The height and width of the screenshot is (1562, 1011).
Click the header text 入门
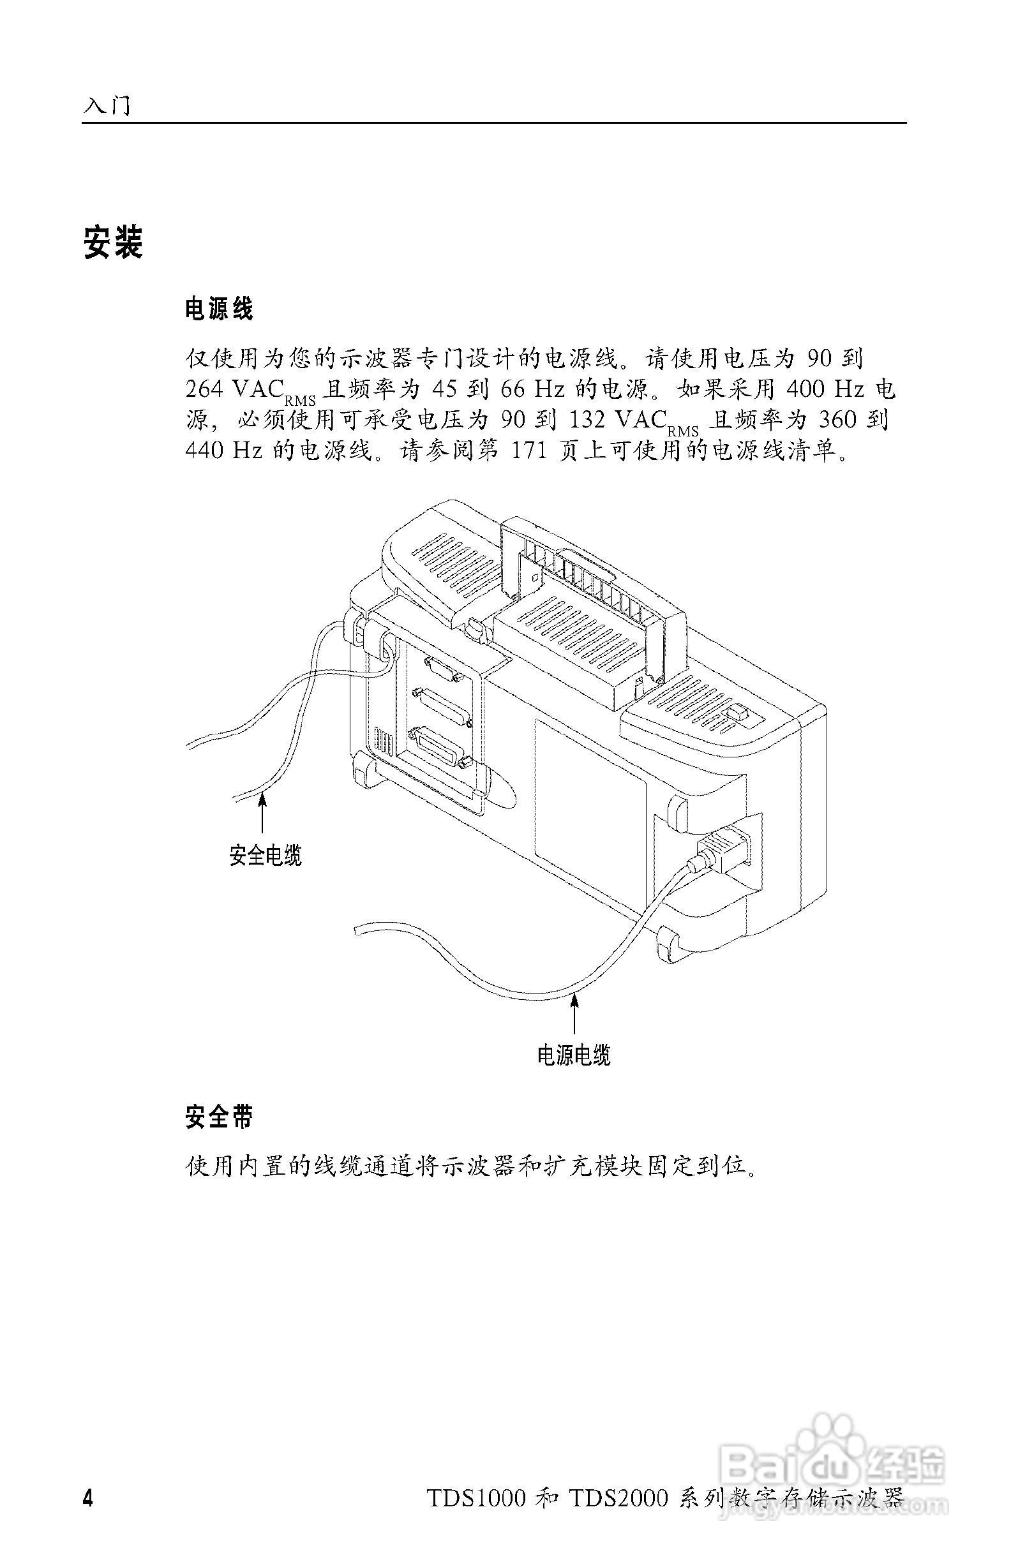[107, 106]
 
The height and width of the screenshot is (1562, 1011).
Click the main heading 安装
[113, 243]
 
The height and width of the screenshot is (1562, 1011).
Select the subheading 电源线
[219, 308]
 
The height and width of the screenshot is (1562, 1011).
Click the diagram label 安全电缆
[266, 855]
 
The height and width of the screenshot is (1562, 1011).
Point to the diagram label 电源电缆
[574, 1055]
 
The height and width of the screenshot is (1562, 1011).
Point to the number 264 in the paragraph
[205, 389]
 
